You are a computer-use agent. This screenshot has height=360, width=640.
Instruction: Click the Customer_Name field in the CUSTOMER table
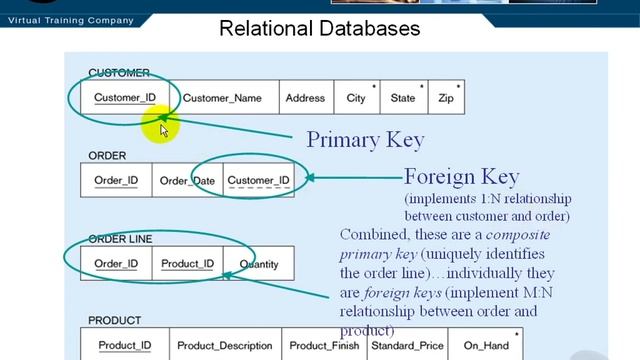(x=222, y=98)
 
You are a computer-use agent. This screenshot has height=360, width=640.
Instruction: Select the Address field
(x=305, y=98)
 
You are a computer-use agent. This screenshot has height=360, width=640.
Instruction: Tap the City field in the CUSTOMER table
(x=356, y=98)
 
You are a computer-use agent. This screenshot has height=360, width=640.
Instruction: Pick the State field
(x=403, y=98)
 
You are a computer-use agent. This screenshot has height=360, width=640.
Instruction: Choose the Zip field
(x=446, y=98)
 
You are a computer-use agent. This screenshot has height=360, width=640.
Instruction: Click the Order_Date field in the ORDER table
(x=187, y=181)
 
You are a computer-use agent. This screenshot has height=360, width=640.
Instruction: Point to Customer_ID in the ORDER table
(x=258, y=181)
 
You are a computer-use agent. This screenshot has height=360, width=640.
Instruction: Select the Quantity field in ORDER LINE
(x=259, y=264)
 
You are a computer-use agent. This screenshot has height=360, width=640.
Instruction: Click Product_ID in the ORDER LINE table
(x=188, y=264)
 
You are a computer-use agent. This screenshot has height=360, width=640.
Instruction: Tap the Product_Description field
(x=225, y=346)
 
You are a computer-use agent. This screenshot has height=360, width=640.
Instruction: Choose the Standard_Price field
(x=406, y=346)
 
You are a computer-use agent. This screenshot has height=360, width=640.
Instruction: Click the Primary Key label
(x=365, y=139)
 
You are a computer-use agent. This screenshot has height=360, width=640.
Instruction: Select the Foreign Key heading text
(x=461, y=177)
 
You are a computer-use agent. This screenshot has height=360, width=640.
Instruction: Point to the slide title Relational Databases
(x=320, y=28)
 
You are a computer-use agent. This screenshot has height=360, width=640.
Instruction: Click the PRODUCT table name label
(x=114, y=321)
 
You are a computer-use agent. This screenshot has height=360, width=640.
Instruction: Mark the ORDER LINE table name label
(x=120, y=239)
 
